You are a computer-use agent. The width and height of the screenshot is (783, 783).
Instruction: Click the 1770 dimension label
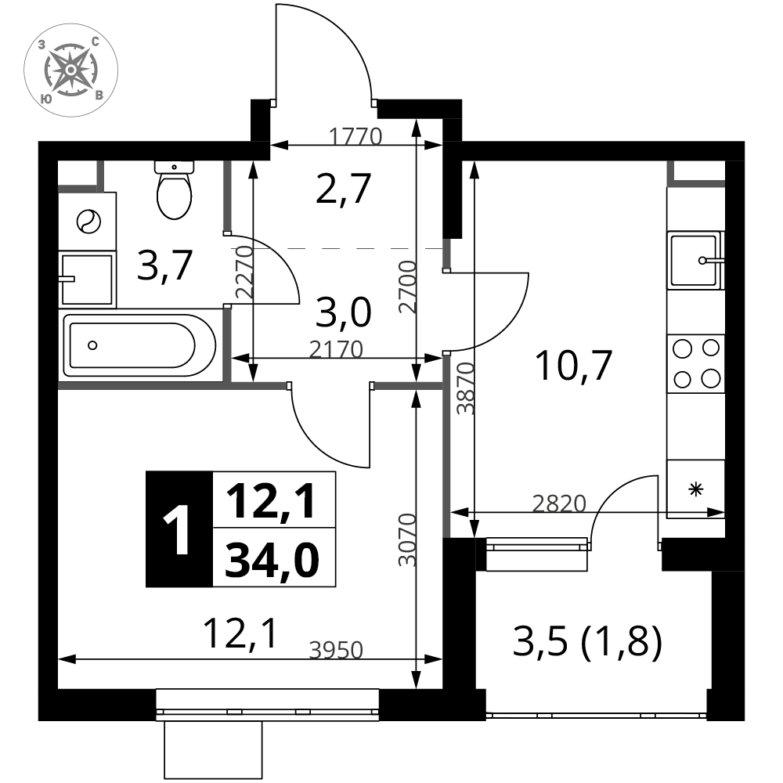pyautogui.click(x=355, y=137)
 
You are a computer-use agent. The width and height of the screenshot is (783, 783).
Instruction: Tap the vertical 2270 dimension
pyautogui.click(x=245, y=272)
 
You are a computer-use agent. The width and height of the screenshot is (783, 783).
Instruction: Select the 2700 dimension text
pyautogui.click(x=407, y=287)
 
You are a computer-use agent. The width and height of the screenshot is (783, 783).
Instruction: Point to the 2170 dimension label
pyautogui.click(x=336, y=349)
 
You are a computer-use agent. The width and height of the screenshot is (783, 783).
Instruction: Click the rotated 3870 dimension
pyautogui.click(x=466, y=388)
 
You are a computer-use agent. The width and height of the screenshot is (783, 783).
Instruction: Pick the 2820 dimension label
pyautogui.click(x=559, y=504)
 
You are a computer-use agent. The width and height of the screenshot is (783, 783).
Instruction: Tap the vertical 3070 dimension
pyautogui.click(x=407, y=539)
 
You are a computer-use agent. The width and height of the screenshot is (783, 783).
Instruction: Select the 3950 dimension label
pyautogui.click(x=336, y=651)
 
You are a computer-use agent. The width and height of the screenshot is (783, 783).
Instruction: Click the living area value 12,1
pyautogui.click(x=273, y=500)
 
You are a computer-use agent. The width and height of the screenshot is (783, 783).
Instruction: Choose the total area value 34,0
pyautogui.click(x=273, y=558)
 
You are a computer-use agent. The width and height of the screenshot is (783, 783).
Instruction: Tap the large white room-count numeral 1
pyautogui.click(x=179, y=532)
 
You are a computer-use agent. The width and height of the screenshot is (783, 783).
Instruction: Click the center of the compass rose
pyautogui.click(x=70, y=69)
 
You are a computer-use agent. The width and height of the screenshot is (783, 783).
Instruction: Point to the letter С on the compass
pyautogui.click(x=95, y=41)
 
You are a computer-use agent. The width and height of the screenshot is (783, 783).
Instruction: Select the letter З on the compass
pyautogui.click(x=41, y=45)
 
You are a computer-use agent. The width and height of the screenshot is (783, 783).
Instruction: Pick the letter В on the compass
pyautogui.click(x=99, y=95)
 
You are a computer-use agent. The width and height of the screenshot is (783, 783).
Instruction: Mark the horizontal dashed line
pyautogui.click(x=345, y=248)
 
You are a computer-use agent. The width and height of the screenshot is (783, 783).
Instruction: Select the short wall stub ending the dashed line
pyautogui.click(x=446, y=254)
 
